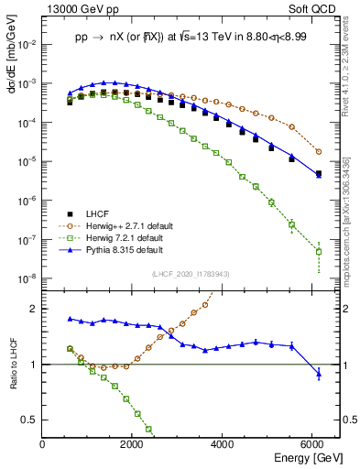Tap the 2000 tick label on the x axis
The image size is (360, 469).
pos(132,443)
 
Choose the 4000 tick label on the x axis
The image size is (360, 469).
pos(223,443)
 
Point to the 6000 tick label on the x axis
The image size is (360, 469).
pos(312,443)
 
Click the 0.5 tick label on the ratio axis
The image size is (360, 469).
pos(30,420)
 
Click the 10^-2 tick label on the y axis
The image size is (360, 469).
pos(26,43)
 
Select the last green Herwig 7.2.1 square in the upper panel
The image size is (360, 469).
pos(319,251)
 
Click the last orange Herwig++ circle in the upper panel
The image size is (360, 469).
pos(319,151)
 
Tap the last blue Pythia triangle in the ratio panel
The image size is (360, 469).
pos(319,373)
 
